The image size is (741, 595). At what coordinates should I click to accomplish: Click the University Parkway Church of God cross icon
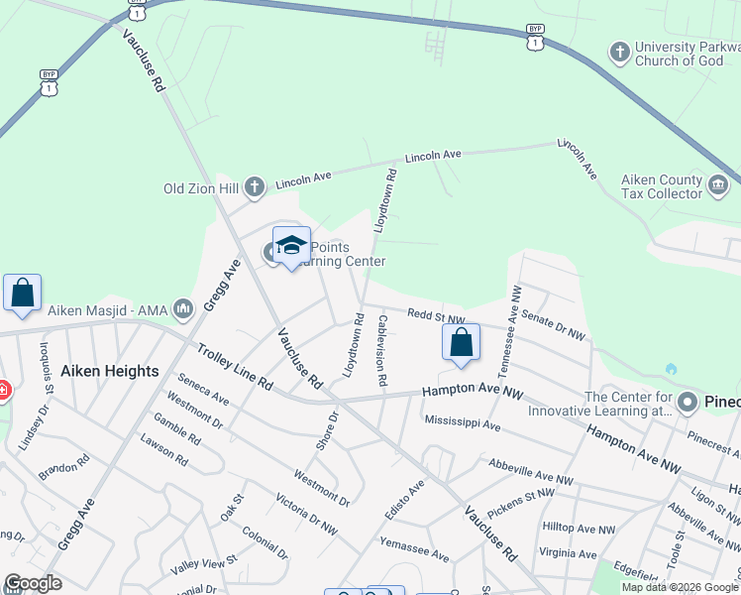[x=620, y=52]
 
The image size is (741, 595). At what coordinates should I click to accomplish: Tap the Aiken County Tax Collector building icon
[x=717, y=184]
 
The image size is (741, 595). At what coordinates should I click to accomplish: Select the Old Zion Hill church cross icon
[x=255, y=185]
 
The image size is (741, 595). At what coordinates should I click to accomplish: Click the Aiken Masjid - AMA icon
[x=182, y=310]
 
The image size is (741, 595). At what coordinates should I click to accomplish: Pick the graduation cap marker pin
[x=291, y=246]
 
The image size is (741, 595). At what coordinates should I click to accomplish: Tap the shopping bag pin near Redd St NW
[x=461, y=343]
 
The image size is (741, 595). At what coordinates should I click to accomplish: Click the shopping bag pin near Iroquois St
[x=22, y=294]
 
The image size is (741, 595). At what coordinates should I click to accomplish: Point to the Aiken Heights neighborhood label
[x=109, y=371]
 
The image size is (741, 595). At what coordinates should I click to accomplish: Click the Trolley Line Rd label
[x=234, y=366]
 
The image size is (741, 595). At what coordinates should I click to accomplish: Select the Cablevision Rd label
[x=381, y=350]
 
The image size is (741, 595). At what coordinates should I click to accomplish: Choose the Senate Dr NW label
[x=554, y=324]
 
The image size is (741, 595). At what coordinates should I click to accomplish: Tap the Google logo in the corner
[x=34, y=583]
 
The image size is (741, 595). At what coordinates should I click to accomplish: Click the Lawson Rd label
[x=164, y=451]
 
